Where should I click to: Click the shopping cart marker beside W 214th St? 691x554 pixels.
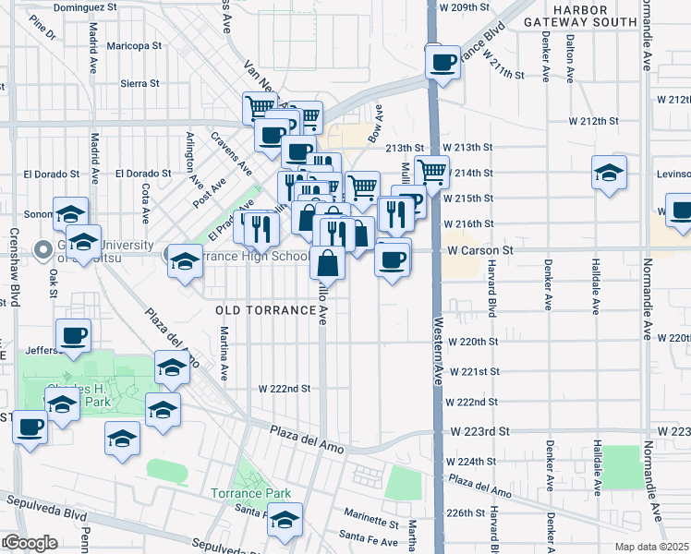[x=431, y=171]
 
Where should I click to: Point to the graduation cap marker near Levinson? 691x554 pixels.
[x=609, y=174]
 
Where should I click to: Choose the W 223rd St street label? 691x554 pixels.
[x=479, y=431]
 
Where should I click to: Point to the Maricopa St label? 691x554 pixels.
[x=133, y=44]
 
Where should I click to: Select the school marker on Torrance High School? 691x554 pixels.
[x=184, y=259]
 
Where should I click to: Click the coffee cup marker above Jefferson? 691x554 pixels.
[x=73, y=334]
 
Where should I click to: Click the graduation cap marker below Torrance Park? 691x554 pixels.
[x=285, y=519]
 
